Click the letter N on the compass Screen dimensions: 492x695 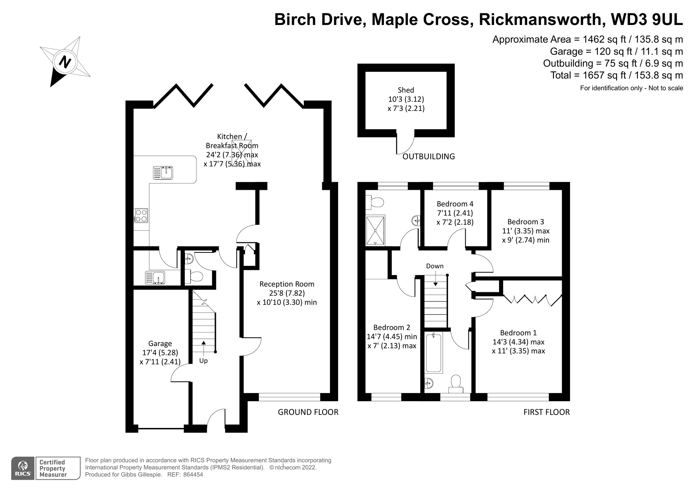pyautogui.click(x=65, y=62)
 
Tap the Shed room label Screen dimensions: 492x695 pyautogui.click(x=406, y=90)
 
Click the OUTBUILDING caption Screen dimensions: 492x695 pyautogui.click(x=428, y=156)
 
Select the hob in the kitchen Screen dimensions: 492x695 pyautogui.click(x=141, y=216)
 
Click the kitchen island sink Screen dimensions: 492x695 pyautogui.click(x=163, y=173)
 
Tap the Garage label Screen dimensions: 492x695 pyautogui.click(x=160, y=343)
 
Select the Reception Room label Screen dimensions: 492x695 pyautogui.click(x=287, y=284)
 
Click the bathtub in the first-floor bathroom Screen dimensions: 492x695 pyautogui.click(x=433, y=353)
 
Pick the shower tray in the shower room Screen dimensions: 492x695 pyautogui.click(x=375, y=230)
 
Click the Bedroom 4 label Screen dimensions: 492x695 pyautogui.click(x=455, y=204)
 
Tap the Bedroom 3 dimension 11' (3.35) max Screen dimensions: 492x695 pyautogui.click(x=525, y=231)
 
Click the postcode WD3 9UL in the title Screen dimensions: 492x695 pyautogui.click(x=647, y=19)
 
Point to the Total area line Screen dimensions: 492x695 pyautogui.click(x=616, y=75)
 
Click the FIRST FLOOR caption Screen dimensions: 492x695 pyautogui.click(x=546, y=412)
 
